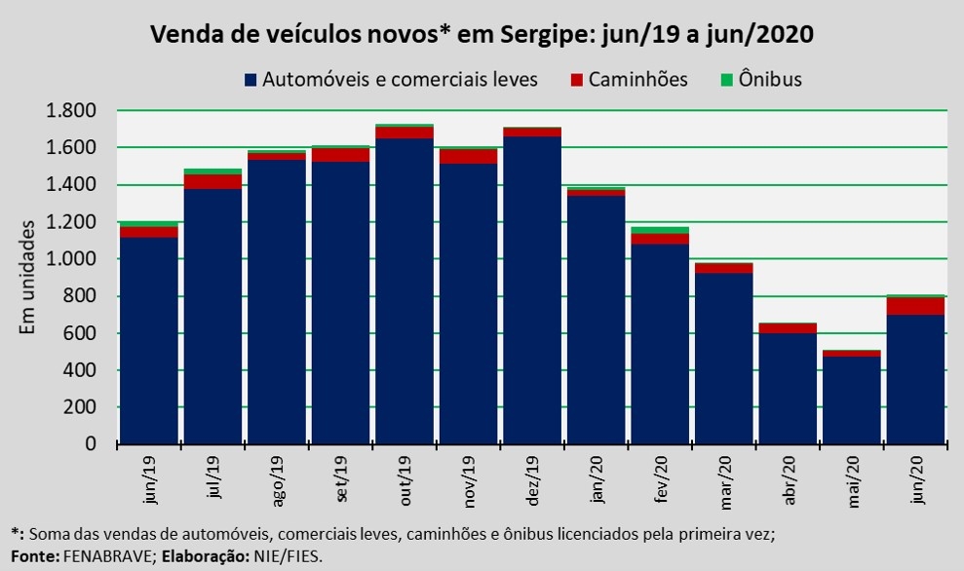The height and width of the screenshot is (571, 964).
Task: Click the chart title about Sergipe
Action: (x=482, y=35)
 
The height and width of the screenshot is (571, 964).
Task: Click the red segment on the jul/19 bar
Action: (x=212, y=181)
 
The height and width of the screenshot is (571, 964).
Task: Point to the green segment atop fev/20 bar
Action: (x=659, y=230)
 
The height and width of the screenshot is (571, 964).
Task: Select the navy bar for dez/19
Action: (x=531, y=292)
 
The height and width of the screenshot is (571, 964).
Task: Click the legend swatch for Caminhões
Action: (x=577, y=80)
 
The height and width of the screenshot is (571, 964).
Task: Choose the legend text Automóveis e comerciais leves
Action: (x=400, y=80)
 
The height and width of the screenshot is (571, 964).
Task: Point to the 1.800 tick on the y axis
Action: (x=71, y=110)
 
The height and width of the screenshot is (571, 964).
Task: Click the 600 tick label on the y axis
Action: (x=80, y=333)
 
